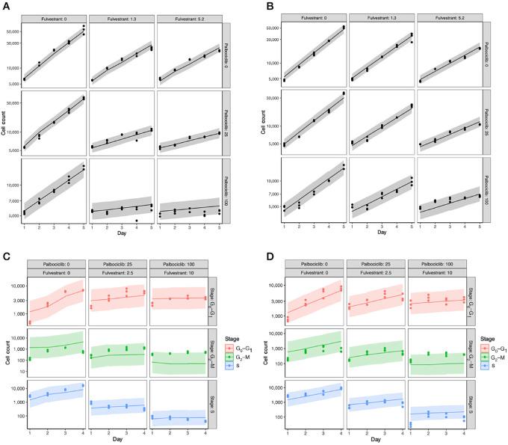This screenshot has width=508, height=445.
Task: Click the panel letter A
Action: tap(5, 5)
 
